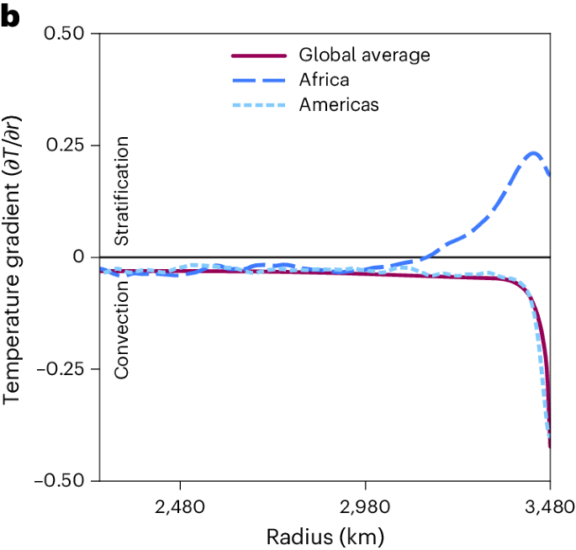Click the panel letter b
[x=10, y=16]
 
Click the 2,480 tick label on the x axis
[x=180, y=506]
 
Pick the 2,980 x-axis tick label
[x=365, y=506]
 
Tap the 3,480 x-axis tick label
[x=548, y=506]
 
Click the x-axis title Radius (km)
[x=325, y=536]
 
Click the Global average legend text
[x=364, y=56]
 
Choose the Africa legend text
[x=324, y=80]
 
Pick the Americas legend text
[x=339, y=105]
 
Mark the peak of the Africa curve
[x=533, y=153]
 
